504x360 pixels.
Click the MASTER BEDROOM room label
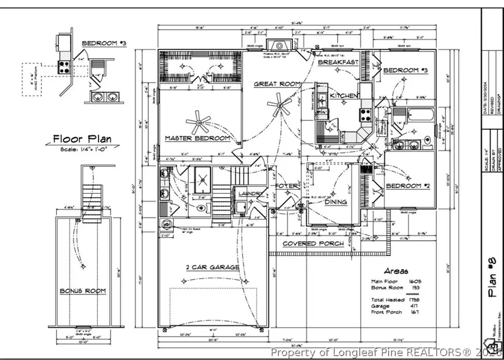pos(197,138)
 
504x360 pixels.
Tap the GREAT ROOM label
pos(277,84)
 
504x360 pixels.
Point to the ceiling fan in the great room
pos(278,104)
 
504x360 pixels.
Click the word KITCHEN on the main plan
pos(343,96)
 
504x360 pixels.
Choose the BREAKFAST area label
pos(338,62)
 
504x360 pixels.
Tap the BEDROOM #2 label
pos(408,185)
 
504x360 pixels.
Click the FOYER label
pos(286,186)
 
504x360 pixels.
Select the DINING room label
pos(335,202)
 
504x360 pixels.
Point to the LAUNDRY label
pos(250,194)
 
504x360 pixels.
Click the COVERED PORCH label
pos(313,244)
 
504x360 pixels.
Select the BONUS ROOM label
pos(83,291)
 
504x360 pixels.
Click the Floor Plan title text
pos(82,139)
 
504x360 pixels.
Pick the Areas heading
pos(396,270)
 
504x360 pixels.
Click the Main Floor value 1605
pos(415,282)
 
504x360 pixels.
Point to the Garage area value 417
pos(415,306)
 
